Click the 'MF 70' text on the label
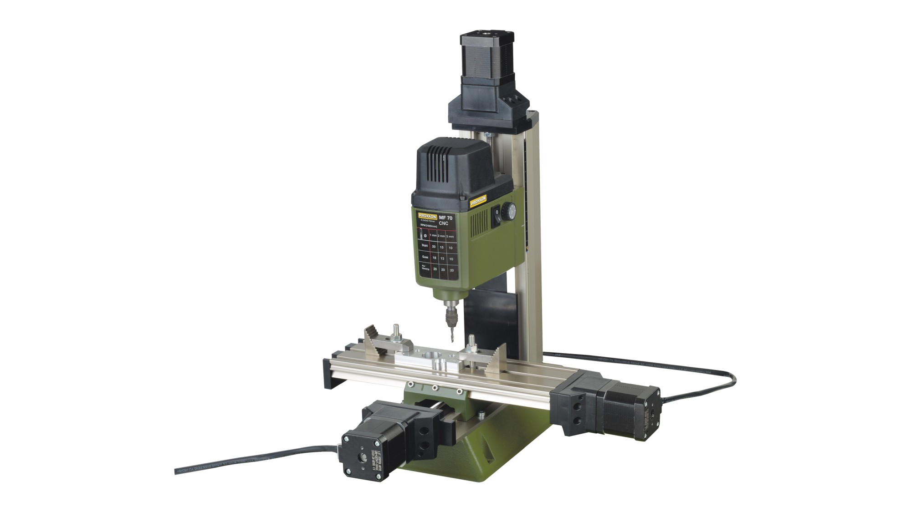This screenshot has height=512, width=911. click(x=445, y=218)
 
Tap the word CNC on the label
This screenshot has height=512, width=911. click(x=444, y=223)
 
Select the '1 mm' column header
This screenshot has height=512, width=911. click(x=433, y=235)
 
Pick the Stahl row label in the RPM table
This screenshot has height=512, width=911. click(x=425, y=246)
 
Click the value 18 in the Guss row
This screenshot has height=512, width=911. click(x=434, y=258)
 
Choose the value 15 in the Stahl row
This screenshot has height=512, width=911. click(x=442, y=247)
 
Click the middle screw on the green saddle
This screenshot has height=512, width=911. click(x=435, y=388)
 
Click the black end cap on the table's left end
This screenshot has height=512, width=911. click(x=329, y=373)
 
